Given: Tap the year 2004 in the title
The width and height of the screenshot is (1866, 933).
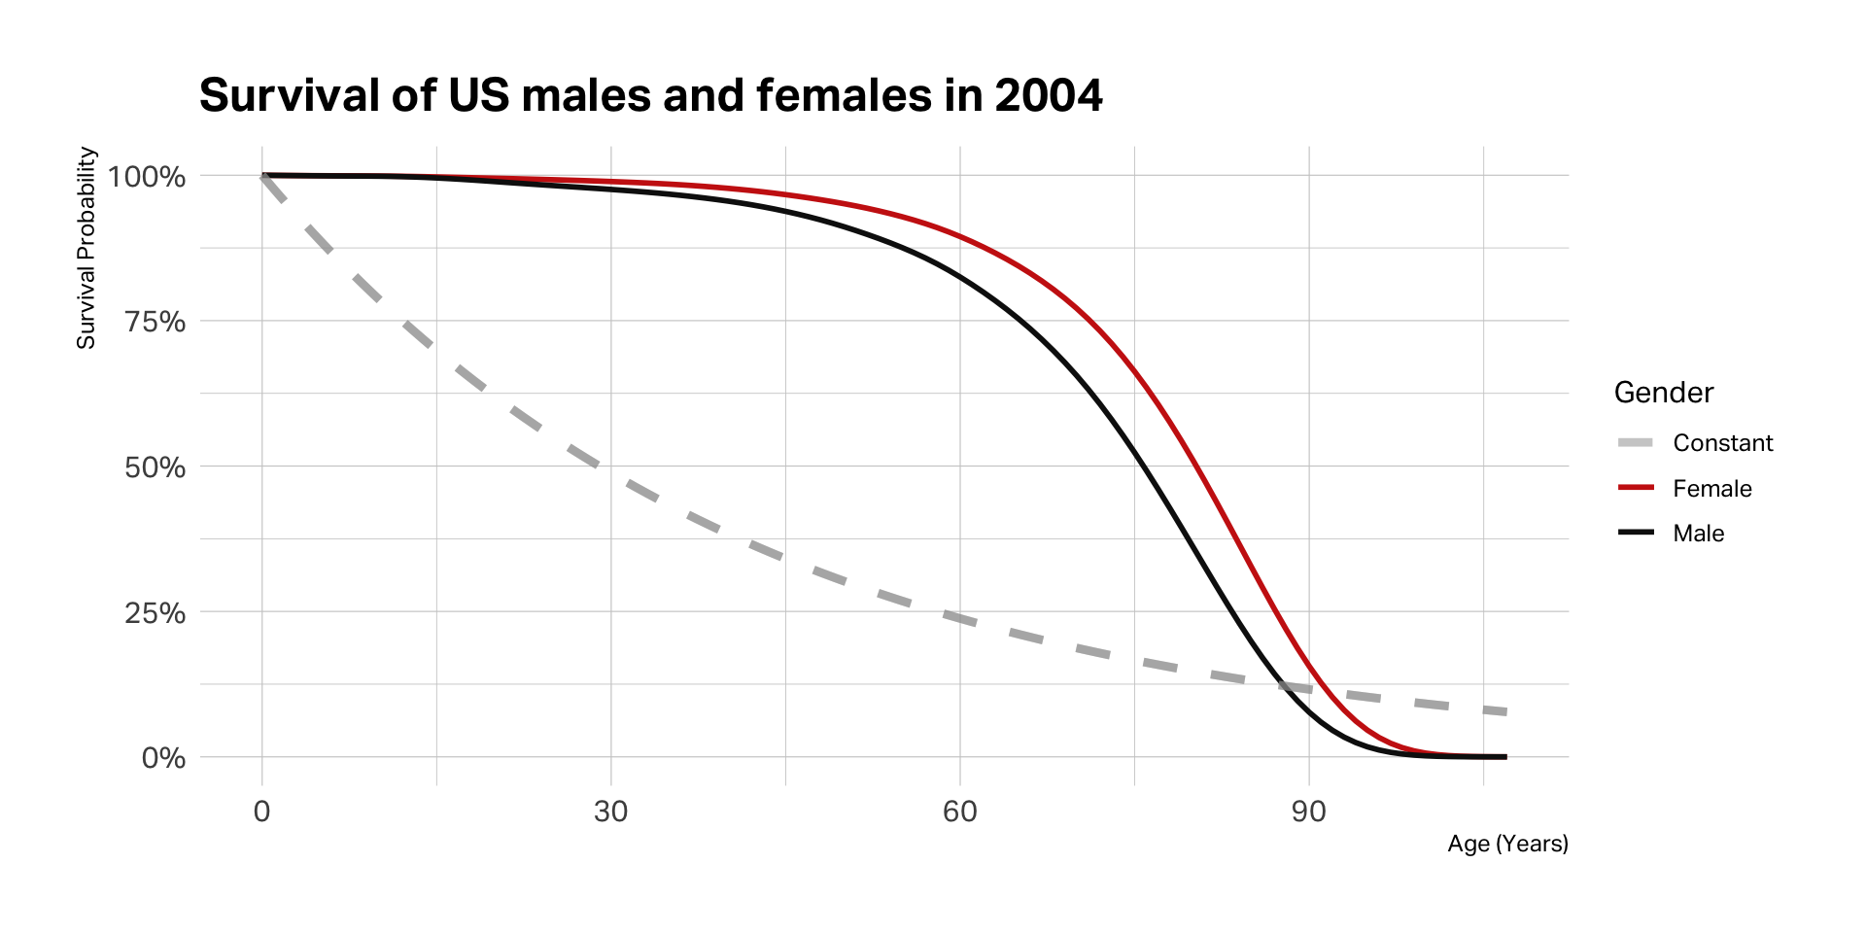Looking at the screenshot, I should pyautogui.click(x=1048, y=96).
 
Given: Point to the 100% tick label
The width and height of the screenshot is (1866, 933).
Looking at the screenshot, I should pyautogui.click(x=147, y=177).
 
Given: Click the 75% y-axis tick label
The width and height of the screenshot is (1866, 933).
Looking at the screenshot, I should pyautogui.click(x=155, y=322).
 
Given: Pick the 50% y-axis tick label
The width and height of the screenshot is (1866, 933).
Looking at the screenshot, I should pyautogui.click(x=155, y=467).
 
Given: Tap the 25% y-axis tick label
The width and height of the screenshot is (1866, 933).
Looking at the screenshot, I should pyautogui.click(x=155, y=613).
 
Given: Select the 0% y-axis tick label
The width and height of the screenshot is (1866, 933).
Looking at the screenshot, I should pyautogui.click(x=163, y=758).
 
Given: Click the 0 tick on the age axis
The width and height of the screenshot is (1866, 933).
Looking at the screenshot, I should pyautogui.click(x=261, y=812).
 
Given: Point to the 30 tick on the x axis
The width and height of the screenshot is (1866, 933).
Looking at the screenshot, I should pyautogui.click(x=610, y=812).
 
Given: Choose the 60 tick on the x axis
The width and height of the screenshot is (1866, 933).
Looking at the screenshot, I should pyautogui.click(x=959, y=812).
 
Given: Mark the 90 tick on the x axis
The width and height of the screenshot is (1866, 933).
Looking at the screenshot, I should pyautogui.click(x=1308, y=812).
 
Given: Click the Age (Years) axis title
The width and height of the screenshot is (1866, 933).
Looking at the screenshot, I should pyautogui.click(x=1507, y=844).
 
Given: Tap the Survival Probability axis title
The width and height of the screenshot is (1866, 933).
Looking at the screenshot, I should pyautogui.click(x=86, y=248).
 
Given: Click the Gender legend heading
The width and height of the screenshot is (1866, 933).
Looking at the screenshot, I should pyautogui.click(x=1663, y=393).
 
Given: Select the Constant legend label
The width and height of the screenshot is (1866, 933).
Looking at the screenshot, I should pyautogui.click(x=1722, y=443).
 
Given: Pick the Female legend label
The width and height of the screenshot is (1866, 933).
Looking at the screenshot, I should pyautogui.click(x=1711, y=489).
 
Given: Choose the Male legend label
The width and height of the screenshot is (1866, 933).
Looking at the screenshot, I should pyautogui.click(x=1698, y=534).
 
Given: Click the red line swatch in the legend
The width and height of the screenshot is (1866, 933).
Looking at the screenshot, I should pyautogui.click(x=1636, y=488).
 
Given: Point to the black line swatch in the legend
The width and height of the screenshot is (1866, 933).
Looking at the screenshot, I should pyautogui.click(x=1636, y=533).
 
